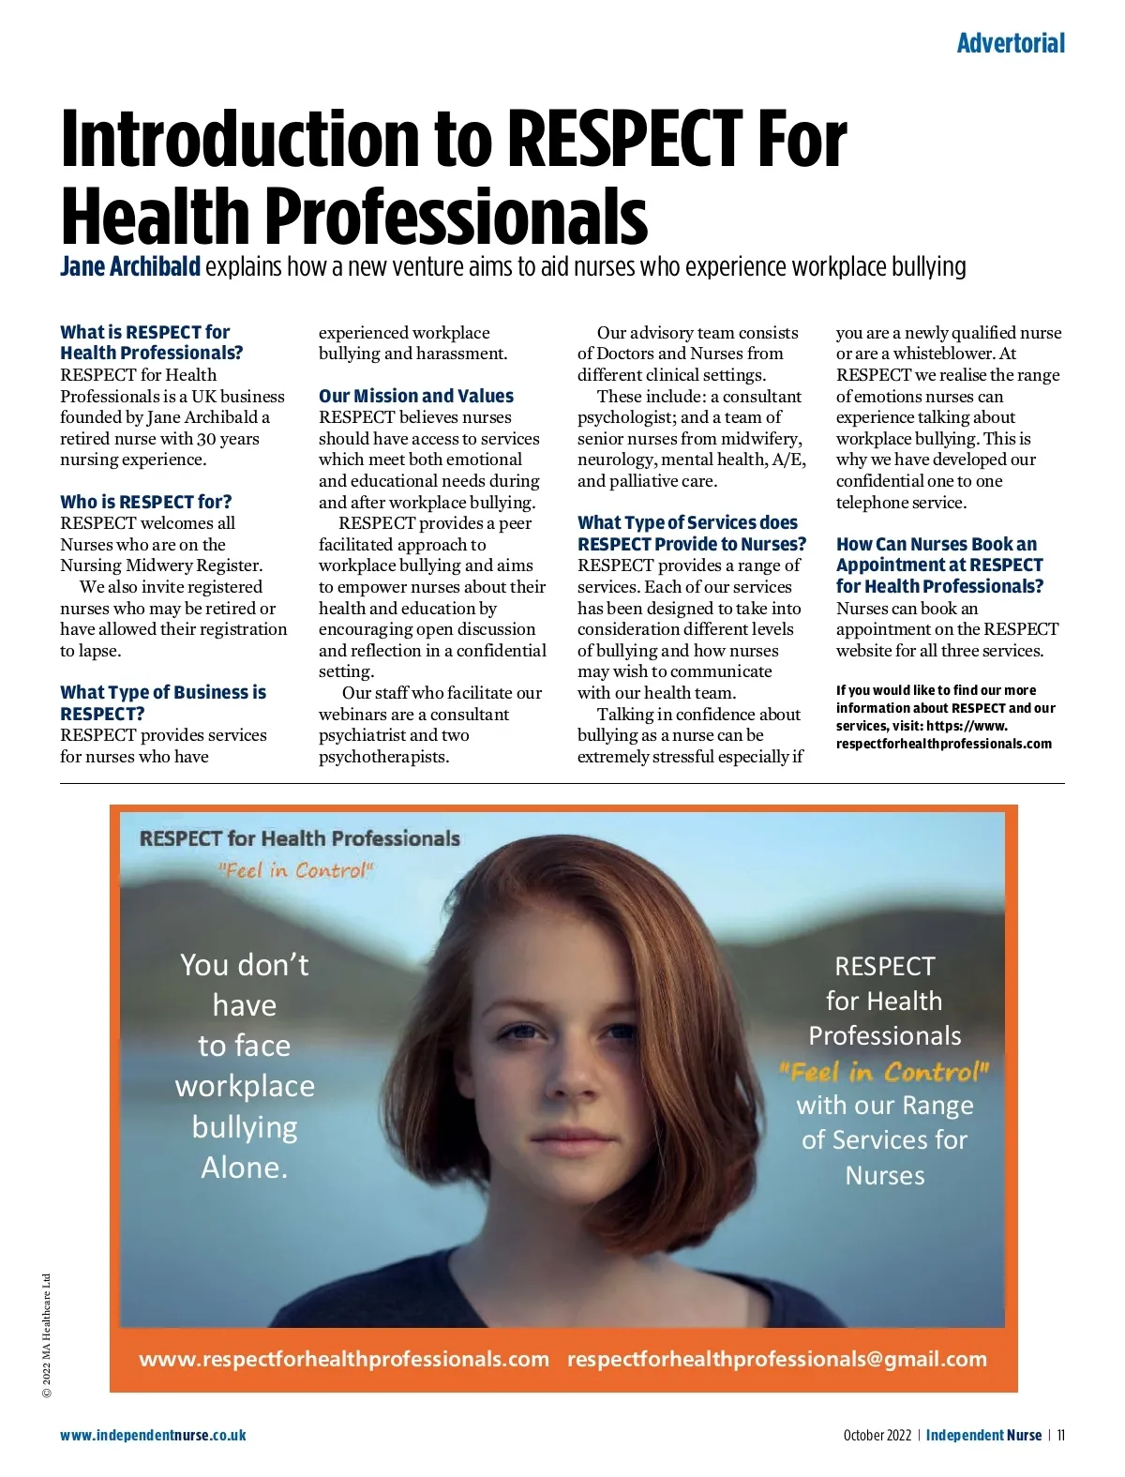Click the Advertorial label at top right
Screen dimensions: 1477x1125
coord(1010,43)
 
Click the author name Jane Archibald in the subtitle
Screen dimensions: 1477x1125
coord(130,267)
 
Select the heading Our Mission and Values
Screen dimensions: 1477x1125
coord(415,396)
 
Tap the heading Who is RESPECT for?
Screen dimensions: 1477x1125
coord(145,502)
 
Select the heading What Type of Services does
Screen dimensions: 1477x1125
coord(687,522)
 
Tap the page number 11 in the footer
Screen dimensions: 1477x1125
coord(1060,1435)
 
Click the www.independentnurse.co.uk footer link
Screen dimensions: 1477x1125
coord(153,1435)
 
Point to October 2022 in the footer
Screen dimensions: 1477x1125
coord(877,1435)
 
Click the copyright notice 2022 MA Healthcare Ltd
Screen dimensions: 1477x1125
coord(47,1335)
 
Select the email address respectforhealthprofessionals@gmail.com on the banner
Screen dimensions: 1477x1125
coord(776,1359)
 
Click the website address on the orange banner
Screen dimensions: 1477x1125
coord(344,1359)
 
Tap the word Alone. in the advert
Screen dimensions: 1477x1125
coord(244,1168)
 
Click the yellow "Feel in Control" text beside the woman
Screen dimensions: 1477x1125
coord(884,1071)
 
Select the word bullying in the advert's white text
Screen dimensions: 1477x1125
coord(244,1126)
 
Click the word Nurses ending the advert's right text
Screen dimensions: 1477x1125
coord(884,1175)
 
